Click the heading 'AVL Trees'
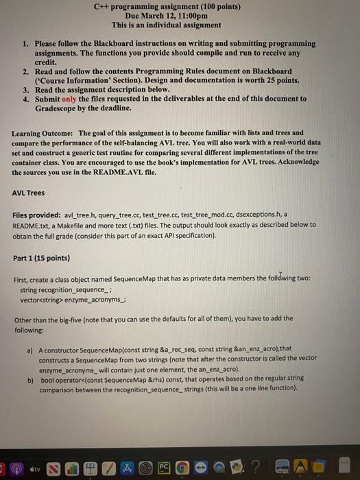pos(29,193)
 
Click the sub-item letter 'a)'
pos(31,350)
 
